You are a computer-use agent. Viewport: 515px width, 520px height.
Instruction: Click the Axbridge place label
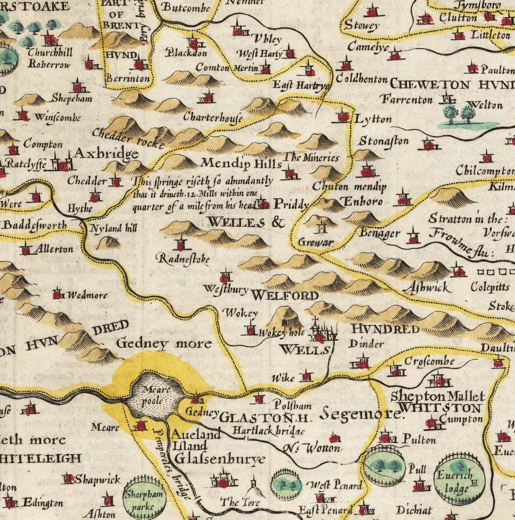tap(106, 154)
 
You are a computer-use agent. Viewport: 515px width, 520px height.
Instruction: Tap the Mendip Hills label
tap(241, 164)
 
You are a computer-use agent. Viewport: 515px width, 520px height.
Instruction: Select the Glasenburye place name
tap(219, 459)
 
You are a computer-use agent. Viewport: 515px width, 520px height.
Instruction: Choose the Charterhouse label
tap(213, 117)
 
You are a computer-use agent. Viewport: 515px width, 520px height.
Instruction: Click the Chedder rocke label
tap(129, 138)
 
